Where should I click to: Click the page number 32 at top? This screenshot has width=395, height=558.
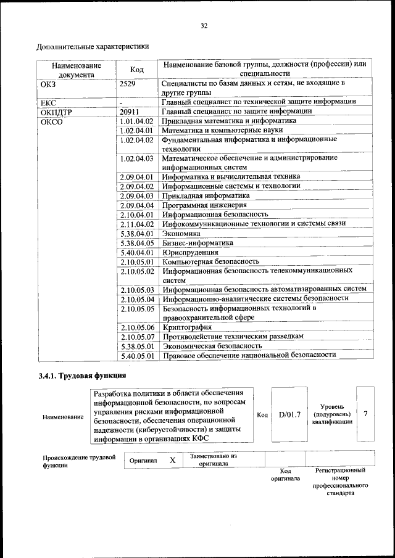click(x=204, y=25)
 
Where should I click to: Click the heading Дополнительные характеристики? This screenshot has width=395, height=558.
click(x=93, y=46)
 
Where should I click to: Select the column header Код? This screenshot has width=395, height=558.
click(x=138, y=69)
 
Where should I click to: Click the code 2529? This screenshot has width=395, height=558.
click(x=128, y=82)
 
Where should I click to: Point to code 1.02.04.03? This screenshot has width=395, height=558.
click(x=137, y=158)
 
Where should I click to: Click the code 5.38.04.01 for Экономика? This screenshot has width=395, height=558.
click(x=137, y=234)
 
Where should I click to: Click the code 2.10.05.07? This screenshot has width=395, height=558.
click(x=137, y=336)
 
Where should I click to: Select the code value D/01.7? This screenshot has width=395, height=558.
click(x=289, y=414)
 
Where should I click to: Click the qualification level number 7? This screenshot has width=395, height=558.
click(x=365, y=414)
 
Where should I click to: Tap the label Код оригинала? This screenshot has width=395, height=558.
click(x=285, y=475)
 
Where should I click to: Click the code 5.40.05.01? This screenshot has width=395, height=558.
click(x=137, y=355)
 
